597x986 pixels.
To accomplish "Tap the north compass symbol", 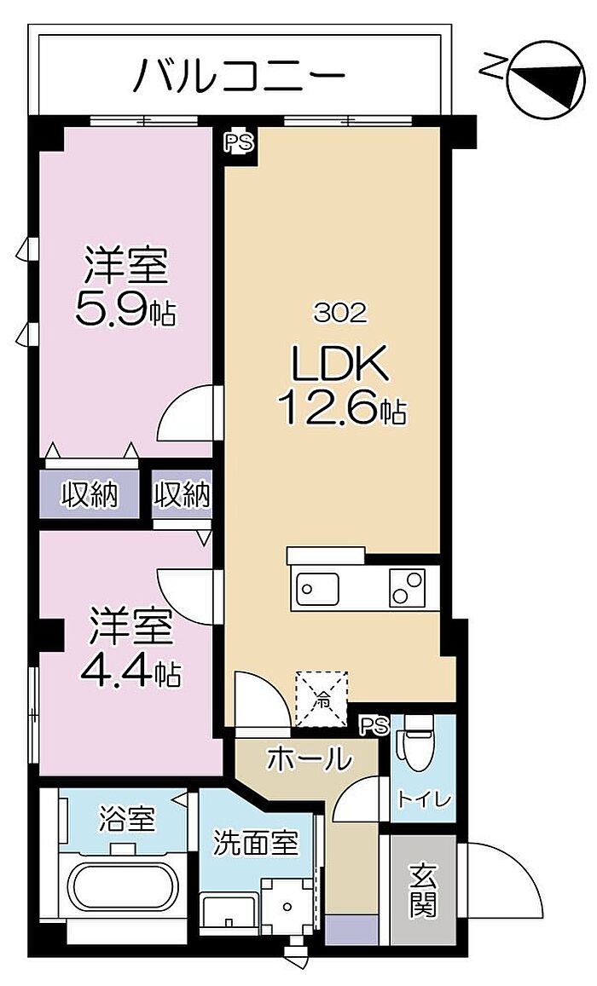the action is [x=546, y=78].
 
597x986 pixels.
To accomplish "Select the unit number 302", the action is [x=340, y=314].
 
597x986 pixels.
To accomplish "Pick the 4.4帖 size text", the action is [x=130, y=672].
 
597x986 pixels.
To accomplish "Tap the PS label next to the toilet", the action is [x=375, y=726].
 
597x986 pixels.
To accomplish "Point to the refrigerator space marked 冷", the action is [x=322, y=697].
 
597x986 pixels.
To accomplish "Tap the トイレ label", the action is [x=423, y=800].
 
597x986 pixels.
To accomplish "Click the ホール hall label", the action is [x=308, y=759].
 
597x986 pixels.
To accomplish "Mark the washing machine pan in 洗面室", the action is [x=287, y=906].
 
